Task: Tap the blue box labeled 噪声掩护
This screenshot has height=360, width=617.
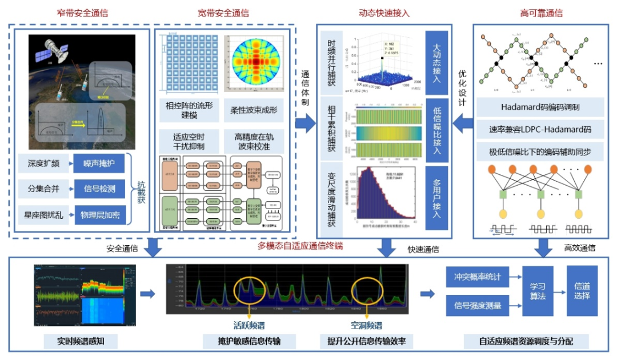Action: click(x=99, y=163)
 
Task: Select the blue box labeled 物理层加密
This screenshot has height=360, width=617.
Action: click(x=99, y=215)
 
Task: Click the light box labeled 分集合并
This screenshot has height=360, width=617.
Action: click(x=43, y=189)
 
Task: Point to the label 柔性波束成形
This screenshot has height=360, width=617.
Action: click(x=254, y=110)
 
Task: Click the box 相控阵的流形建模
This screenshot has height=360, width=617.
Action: click(x=189, y=110)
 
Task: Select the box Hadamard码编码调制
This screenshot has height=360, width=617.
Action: click(x=540, y=107)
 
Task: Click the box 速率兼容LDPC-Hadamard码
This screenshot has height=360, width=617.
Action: click(x=540, y=130)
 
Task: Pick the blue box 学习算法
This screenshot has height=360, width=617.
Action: click(x=538, y=291)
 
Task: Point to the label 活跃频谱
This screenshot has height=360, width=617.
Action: click(x=250, y=325)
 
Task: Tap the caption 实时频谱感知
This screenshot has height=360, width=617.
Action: click(x=81, y=342)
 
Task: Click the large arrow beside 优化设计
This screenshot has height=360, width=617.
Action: click(x=463, y=122)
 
